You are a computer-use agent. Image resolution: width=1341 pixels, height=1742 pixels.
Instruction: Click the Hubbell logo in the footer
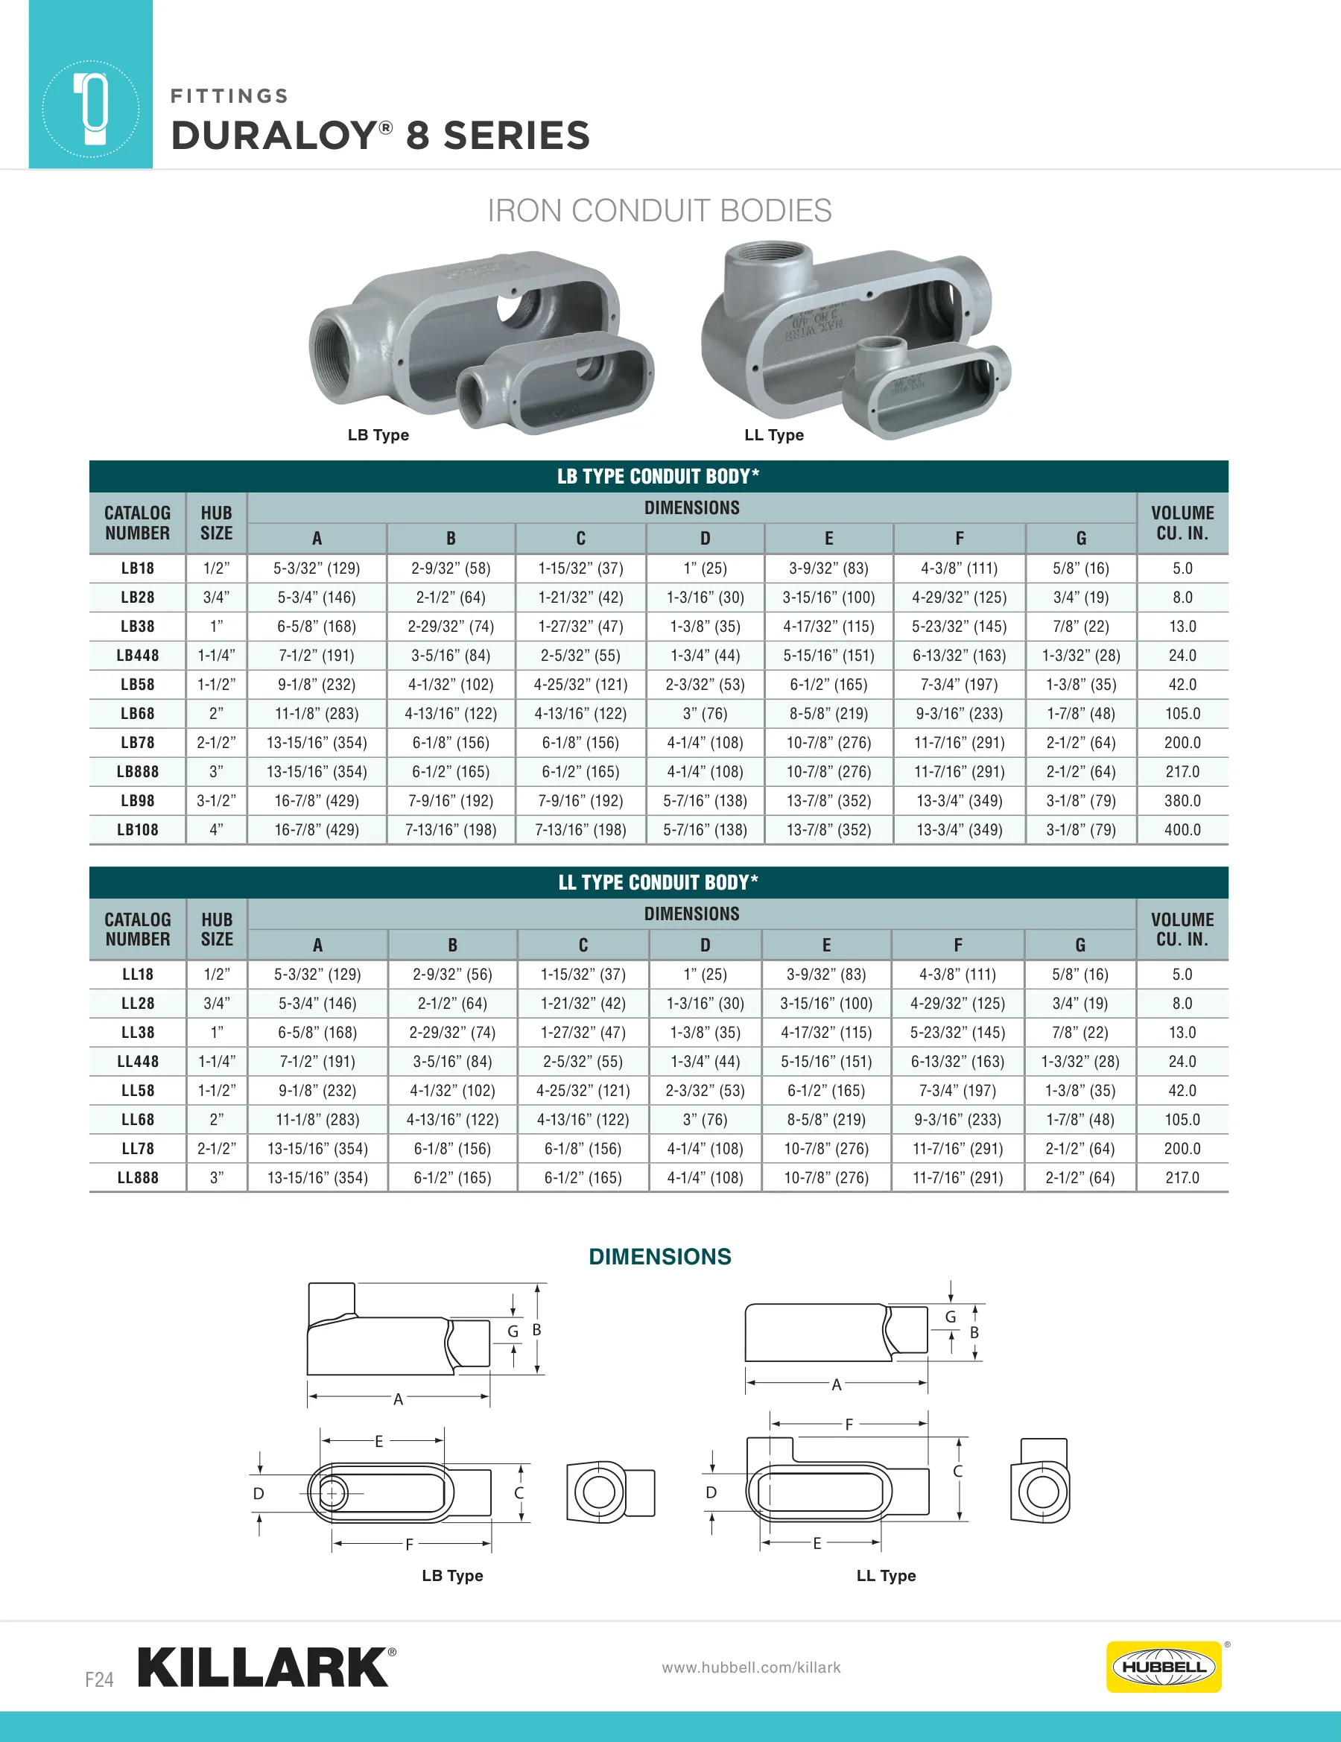pyautogui.click(x=1163, y=1666)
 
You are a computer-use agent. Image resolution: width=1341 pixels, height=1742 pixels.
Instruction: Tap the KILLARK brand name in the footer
pyautogui.click(x=263, y=1667)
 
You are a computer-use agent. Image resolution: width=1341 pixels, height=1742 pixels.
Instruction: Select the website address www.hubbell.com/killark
pyautogui.click(x=751, y=1667)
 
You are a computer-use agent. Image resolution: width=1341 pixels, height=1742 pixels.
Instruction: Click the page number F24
pyautogui.click(x=100, y=1679)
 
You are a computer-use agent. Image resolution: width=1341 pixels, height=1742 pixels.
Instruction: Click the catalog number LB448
pyautogui.click(x=137, y=656)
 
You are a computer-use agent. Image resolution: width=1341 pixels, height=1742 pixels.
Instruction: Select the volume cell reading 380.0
pyautogui.click(x=1182, y=801)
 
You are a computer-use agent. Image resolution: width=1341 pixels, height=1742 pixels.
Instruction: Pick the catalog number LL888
pyautogui.click(x=137, y=1178)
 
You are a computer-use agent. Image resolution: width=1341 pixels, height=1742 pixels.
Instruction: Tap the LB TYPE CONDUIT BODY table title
pyautogui.click(x=658, y=476)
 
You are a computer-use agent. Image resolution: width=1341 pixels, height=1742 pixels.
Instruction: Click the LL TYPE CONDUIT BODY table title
pyautogui.click(x=658, y=882)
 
